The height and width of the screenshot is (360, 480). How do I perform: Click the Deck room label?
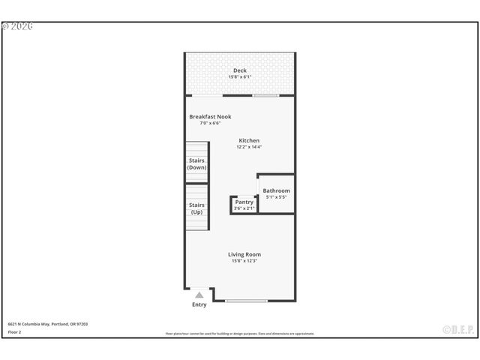pyautogui.click(x=239, y=70)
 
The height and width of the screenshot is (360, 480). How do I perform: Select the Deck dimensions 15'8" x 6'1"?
pyautogui.click(x=239, y=77)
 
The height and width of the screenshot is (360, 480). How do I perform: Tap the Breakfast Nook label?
pyautogui.click(x=210, y=117)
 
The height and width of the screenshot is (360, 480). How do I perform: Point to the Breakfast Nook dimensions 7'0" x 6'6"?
pyautogui.click(x=210, y=124)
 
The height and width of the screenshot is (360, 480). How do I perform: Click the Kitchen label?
pyautogui.click(x=249, y=141)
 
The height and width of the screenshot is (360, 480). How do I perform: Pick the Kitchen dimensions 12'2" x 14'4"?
pyautogui.click(x=249, y=148)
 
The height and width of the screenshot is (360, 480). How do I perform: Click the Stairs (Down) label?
pyautogui.click(x=196, y=163)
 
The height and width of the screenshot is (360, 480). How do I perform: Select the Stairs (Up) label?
pyautogui.click(x=196, y=208)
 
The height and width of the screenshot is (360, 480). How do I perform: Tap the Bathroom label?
pyautogui.click(x=276, y=190)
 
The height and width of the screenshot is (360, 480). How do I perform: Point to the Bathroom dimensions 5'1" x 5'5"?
pyautogui.click(x=276, y=197)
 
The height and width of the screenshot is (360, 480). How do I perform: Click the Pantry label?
pyautogui.click(x=244, y=202)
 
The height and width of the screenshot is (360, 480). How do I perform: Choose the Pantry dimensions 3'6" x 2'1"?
pyautogui.click(x=244, y=208)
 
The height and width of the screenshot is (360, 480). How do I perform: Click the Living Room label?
pyautogui.click(x=244, y=254)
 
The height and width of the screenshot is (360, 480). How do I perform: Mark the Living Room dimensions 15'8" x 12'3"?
pyautogui.click(x=244, y=262)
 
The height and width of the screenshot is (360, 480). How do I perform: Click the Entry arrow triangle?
pyautogui.click(x=199, y=295)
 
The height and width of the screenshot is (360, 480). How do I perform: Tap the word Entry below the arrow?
pyautogui.click(x=199, y=304)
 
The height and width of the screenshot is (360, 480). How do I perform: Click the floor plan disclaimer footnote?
pyautogui.click(x=240, y=334)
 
